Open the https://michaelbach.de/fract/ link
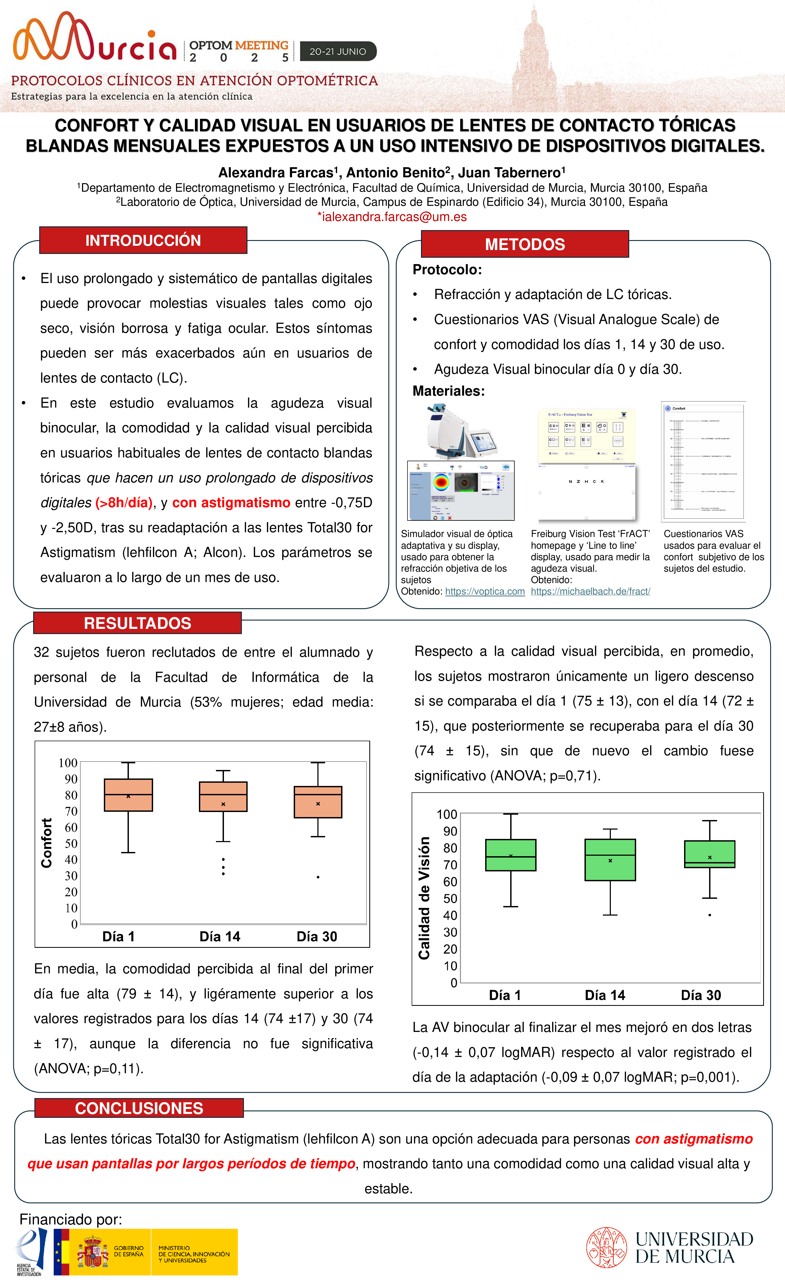click(590, 592)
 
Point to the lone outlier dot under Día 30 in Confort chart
click(318, 877)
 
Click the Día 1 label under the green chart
click(504, 995)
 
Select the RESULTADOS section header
click(137, 623)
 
